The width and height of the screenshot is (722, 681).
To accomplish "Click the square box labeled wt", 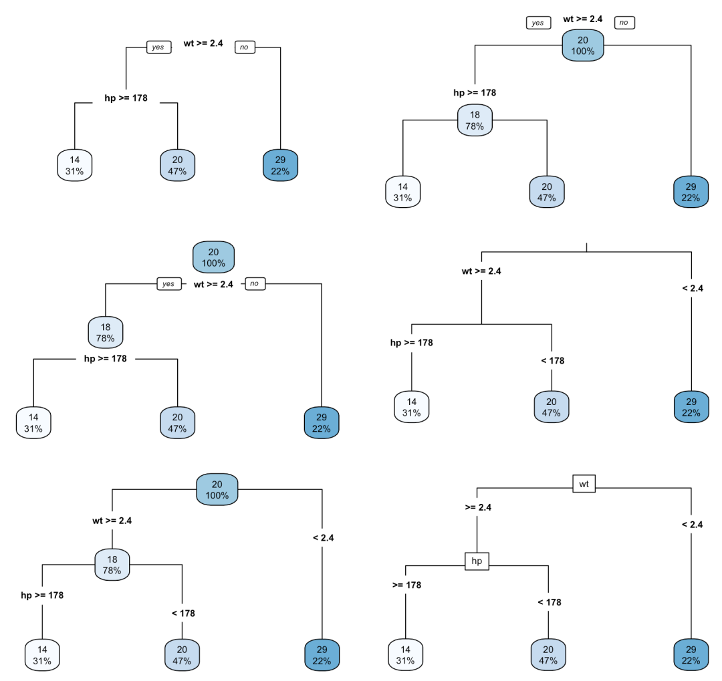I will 584,483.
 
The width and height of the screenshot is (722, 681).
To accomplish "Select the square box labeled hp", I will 477,561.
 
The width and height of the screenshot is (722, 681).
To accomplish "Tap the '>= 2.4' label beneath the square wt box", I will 478,507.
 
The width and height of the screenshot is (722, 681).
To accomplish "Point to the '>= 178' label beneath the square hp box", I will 406,585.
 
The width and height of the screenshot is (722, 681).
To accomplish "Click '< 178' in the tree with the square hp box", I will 550,602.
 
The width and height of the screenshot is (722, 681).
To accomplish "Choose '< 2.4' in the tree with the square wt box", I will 692,525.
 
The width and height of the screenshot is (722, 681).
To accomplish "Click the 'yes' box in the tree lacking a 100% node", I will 158,47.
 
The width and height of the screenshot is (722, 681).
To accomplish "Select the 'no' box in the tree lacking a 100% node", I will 245,47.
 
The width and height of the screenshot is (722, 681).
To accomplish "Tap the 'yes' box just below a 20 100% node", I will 168,284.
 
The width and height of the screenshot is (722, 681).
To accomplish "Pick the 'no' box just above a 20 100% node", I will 624,23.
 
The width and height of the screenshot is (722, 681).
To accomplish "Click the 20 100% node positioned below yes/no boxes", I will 583,45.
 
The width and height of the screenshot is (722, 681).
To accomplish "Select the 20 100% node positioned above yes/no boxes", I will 213,257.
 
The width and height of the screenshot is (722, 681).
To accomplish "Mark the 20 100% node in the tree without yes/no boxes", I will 217,491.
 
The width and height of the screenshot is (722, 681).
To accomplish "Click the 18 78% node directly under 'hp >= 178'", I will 475,120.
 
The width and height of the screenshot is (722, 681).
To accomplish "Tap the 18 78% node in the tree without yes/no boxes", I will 112,565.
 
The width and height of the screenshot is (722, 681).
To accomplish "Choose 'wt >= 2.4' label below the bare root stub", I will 481,271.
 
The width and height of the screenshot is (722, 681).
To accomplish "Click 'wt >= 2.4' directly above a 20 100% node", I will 583,19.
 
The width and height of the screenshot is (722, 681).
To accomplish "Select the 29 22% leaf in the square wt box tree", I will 691,655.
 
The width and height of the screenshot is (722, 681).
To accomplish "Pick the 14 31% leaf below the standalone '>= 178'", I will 406,655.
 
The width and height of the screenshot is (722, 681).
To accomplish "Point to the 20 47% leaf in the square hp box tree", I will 548,655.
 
